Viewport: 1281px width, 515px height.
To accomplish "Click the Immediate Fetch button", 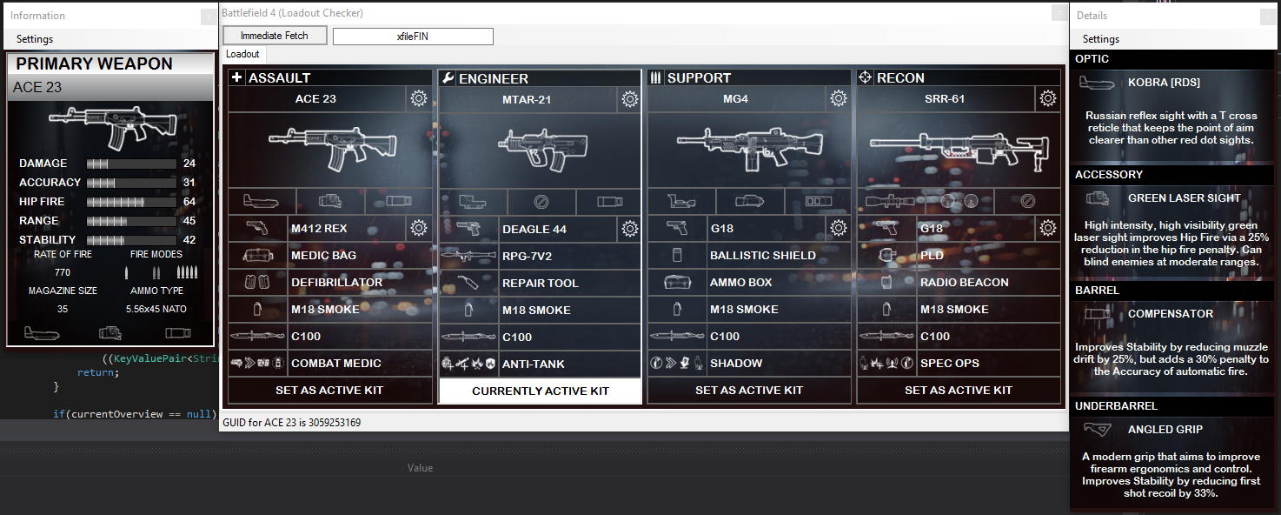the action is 275,36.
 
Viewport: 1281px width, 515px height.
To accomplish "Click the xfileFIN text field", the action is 413,37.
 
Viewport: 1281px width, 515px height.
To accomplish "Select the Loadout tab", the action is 242,54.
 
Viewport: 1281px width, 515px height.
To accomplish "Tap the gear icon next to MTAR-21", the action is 629,99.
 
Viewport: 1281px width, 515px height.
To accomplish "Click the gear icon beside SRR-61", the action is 1048,98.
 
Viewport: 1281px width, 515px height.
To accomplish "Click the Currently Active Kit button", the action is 541,391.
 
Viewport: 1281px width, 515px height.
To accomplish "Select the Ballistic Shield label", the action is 762,255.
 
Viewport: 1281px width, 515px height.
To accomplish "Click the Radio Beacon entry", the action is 964,282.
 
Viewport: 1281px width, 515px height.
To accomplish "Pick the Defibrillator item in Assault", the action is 336,282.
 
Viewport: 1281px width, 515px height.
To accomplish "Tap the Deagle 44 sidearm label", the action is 534,229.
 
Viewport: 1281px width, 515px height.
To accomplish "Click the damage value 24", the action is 189,164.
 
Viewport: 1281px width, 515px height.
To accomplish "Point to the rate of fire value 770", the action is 63,272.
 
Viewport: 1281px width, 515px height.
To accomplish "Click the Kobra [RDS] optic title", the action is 1164,83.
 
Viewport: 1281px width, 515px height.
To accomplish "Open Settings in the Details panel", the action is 1100,39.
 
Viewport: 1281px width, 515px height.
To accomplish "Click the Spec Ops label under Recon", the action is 949,363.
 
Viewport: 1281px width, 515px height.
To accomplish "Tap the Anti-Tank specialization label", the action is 533,364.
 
